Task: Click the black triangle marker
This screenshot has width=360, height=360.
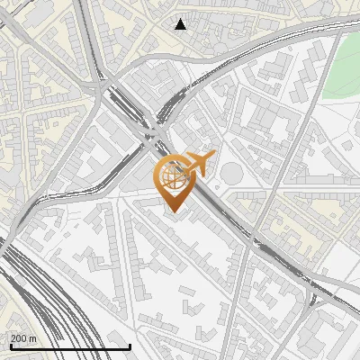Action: (180, 24)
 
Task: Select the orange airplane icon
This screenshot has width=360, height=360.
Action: (197, 164)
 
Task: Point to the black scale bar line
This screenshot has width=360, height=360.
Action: (69, 346)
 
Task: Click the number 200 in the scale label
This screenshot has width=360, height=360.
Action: (19, 338)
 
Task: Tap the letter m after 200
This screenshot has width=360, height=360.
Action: (33, 338)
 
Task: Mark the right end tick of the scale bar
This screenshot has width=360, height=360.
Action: (130, 345)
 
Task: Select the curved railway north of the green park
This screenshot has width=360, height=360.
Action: (270, 45)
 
